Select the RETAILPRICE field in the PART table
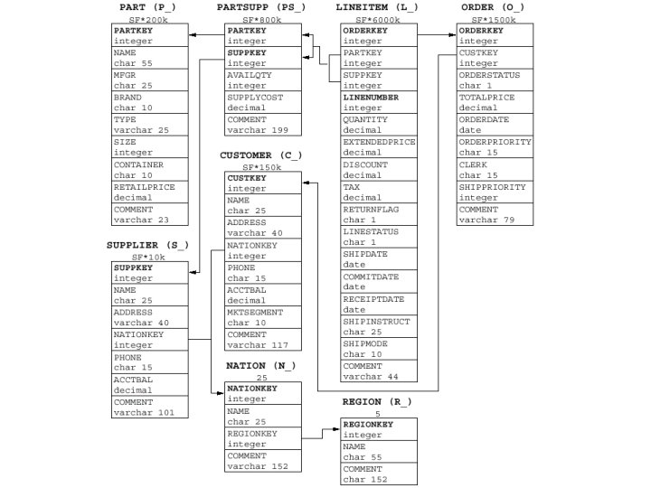point(145,187)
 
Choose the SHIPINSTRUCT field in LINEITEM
point(376,321)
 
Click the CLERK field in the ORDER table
point(474,164)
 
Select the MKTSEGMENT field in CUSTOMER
point(256,312)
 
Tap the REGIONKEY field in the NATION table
point(252,433)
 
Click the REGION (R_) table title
point(377,400)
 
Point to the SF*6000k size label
point(379,19)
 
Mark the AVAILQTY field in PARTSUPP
point(250,75)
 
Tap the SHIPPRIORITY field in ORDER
point(492,187)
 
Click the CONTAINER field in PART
point(138,164)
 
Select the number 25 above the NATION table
point(262,378)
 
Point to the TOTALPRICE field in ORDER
point(488,97)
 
